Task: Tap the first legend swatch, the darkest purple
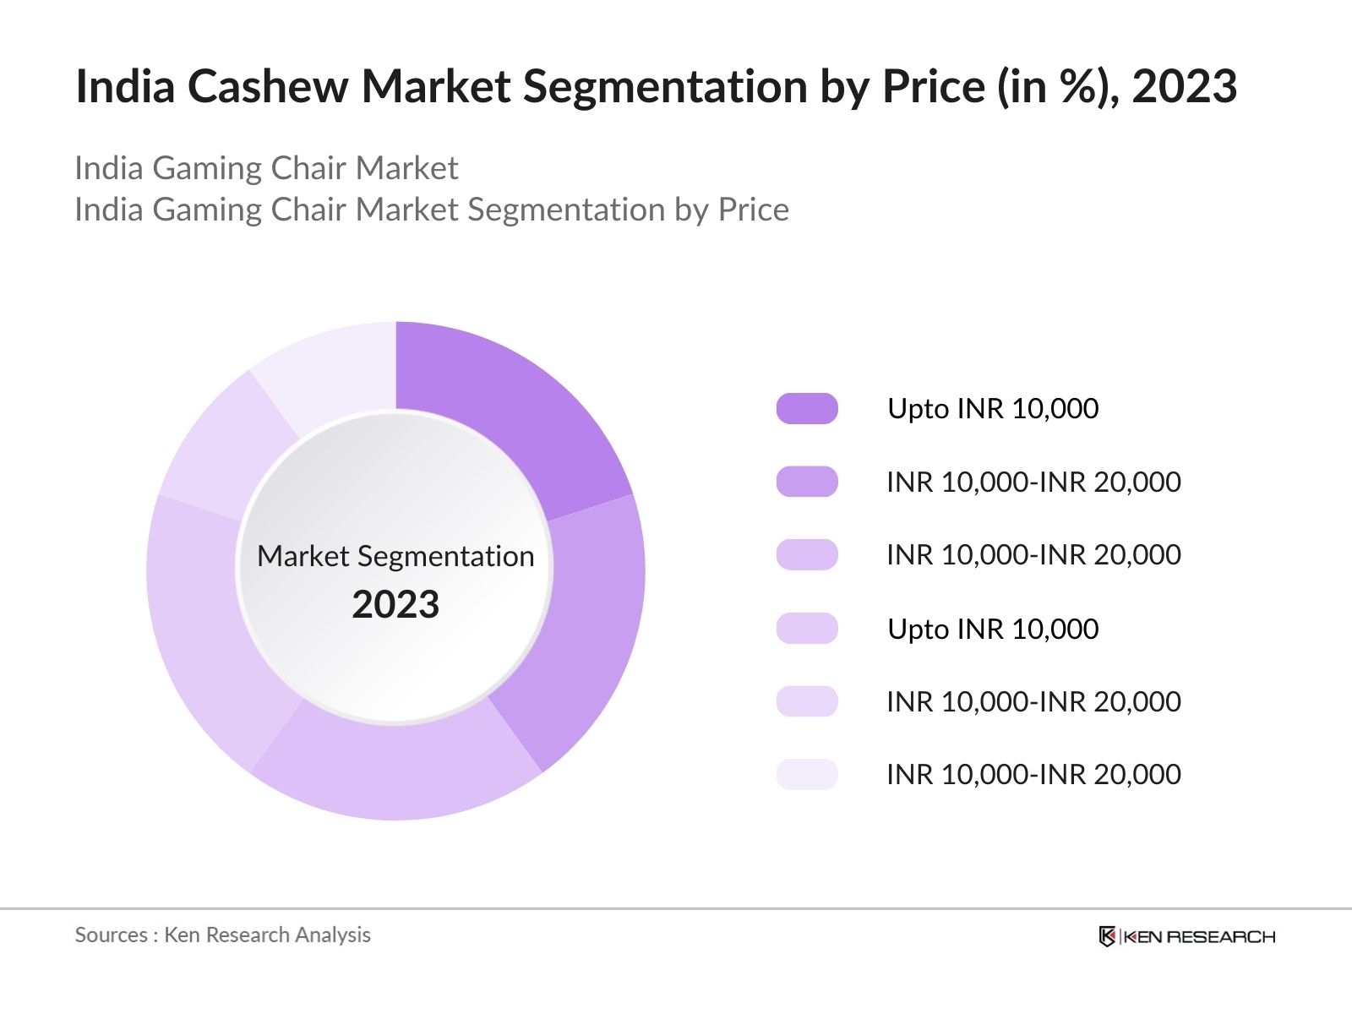(807, 408)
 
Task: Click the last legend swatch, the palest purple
(807, 774)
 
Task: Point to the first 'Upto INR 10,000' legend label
(993, 409)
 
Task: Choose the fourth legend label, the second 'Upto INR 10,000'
(993, 629)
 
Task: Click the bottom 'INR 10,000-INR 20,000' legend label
(1033, 774)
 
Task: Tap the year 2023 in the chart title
(1184, 86)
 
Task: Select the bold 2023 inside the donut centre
(395, 605)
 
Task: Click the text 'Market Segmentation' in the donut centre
(395, 556)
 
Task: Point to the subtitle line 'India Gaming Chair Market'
(266, 168)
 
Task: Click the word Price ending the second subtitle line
(753, 210)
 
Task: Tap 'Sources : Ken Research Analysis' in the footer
(223, 935)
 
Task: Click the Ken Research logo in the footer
(1186, 936)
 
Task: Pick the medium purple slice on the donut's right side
(583, 625)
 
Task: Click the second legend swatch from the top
(807, 482)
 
